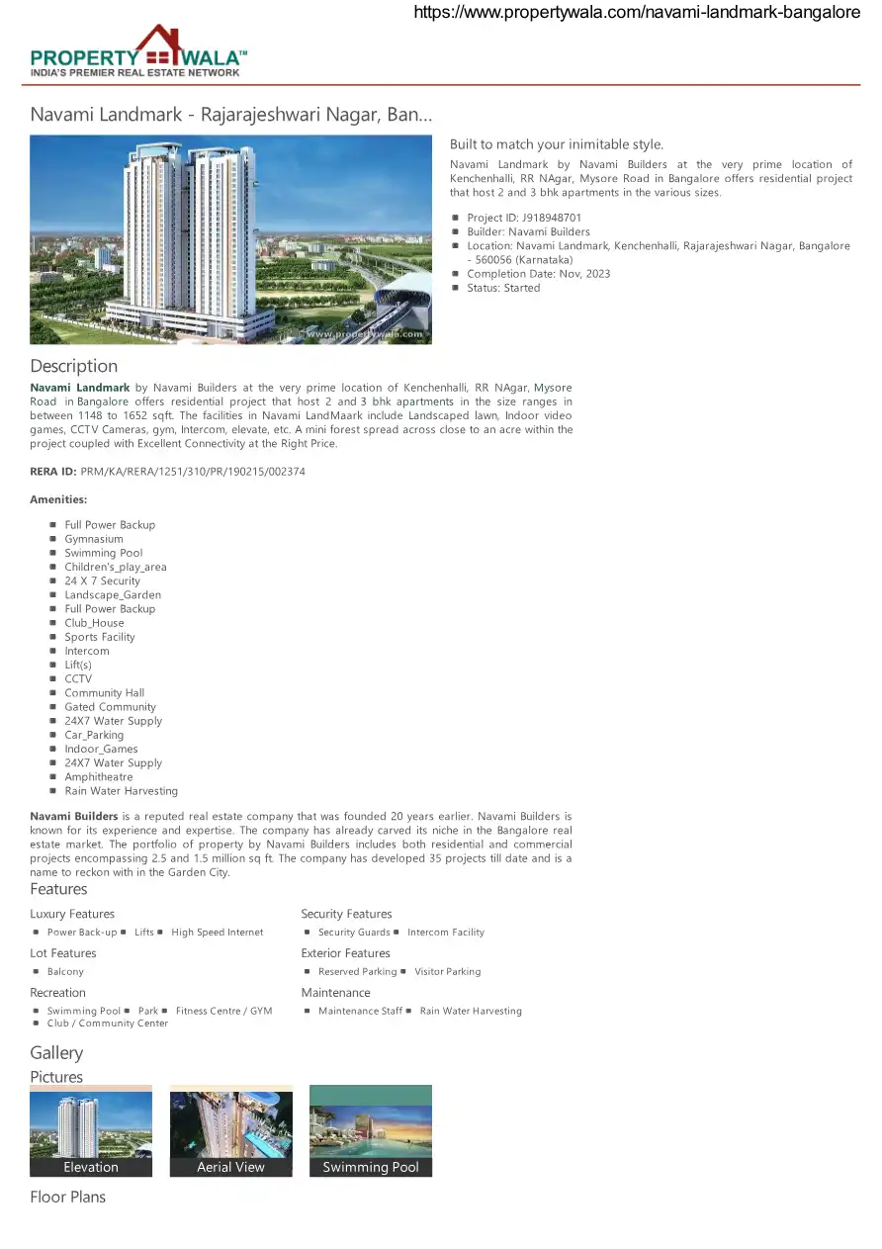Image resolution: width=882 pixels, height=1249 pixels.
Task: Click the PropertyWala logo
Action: (138, 52)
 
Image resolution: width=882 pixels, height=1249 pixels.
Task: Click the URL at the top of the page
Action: (636, 13)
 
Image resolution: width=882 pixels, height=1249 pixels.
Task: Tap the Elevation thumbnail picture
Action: (91, 1130)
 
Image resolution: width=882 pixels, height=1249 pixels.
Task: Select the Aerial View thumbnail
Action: (230, 1130)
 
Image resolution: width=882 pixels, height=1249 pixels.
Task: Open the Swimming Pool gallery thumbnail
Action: (371, 1130)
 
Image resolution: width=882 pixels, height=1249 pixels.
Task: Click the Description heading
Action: (73, 366)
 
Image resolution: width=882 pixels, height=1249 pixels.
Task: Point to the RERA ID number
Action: (193, 472)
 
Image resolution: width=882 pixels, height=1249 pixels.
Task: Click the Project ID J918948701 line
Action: (524, 218)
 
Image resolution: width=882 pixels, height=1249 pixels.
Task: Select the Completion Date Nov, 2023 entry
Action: (538, 274)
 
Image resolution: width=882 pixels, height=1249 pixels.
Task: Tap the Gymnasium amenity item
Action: (94, 539)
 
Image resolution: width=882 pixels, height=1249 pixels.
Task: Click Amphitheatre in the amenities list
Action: (99, 777)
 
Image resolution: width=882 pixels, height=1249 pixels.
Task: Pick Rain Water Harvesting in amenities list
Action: (122, 791)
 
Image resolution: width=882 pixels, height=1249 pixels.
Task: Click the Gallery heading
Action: (56, 1052)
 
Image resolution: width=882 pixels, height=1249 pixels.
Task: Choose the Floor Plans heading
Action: (67, 1197)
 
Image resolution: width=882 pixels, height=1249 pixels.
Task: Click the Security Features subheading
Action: (346, 914)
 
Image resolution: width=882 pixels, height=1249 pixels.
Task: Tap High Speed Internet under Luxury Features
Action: (218, 933)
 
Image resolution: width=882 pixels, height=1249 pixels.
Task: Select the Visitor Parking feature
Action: (448, 972)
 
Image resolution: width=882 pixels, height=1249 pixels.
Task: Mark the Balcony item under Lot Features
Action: (65, 972)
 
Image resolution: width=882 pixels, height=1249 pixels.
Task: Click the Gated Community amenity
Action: (111, 707)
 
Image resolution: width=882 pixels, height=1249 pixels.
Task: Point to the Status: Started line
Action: (503, 288)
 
